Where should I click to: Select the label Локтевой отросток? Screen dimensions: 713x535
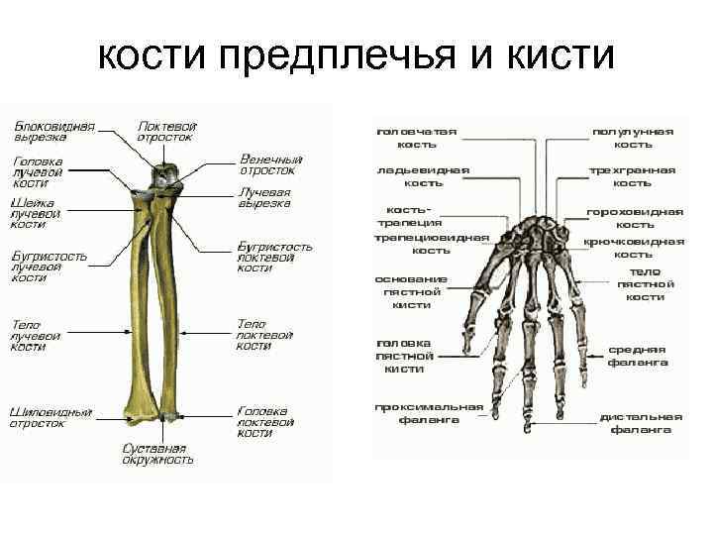tap(167, 132)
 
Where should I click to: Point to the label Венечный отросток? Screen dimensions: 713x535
tap(270, 164)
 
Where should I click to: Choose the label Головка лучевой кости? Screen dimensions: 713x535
tap(39, 172)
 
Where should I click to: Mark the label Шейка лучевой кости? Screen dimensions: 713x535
tap(36, 213)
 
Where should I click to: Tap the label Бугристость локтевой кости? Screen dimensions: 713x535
tap(274, 257)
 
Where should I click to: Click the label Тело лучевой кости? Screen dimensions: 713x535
tap(36, 336)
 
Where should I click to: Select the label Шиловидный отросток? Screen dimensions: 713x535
tap(51, 417)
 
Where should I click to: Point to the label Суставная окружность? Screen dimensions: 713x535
tap(157, 454)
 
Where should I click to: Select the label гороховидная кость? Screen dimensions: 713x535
tap(635, 218)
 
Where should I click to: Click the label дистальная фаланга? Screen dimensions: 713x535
tap(641, 423)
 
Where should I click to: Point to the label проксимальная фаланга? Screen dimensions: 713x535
tap(429, 413)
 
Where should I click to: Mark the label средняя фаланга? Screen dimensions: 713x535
tap(637, 356)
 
